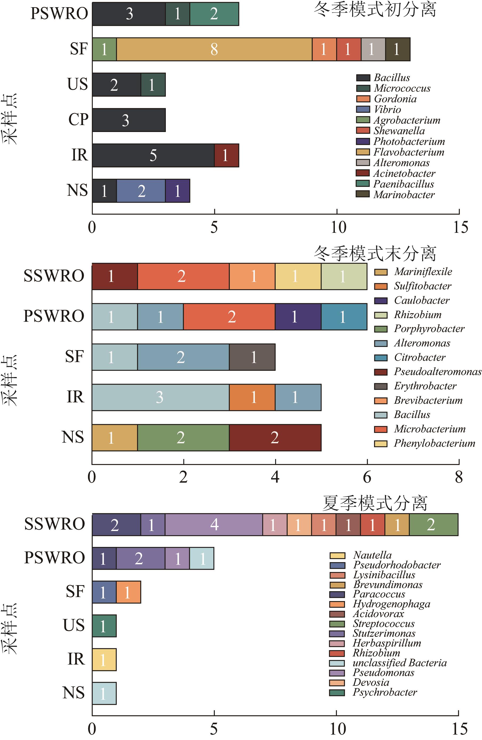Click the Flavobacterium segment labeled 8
[214, 49]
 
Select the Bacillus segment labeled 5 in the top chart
[153, 155]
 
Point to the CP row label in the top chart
[78, 120]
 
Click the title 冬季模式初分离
[375, 9]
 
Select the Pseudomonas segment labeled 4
[214, 525]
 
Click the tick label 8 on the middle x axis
[459, 477]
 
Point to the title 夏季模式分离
[375, 503]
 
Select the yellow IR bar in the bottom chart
[104, 659]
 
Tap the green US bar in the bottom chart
[104, 626]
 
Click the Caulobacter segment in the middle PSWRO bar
[298, 317]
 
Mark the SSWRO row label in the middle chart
[54, 276]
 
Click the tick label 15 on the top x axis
[460, 227]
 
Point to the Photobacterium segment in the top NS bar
[178, 191]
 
